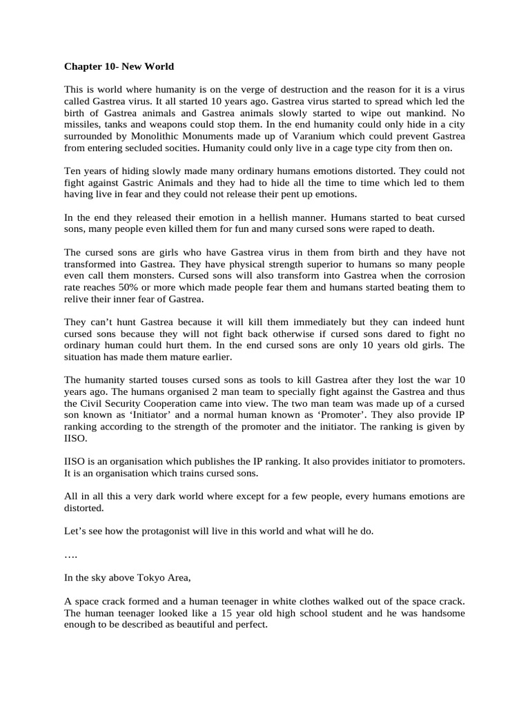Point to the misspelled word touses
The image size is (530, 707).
(x=173, y=380)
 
